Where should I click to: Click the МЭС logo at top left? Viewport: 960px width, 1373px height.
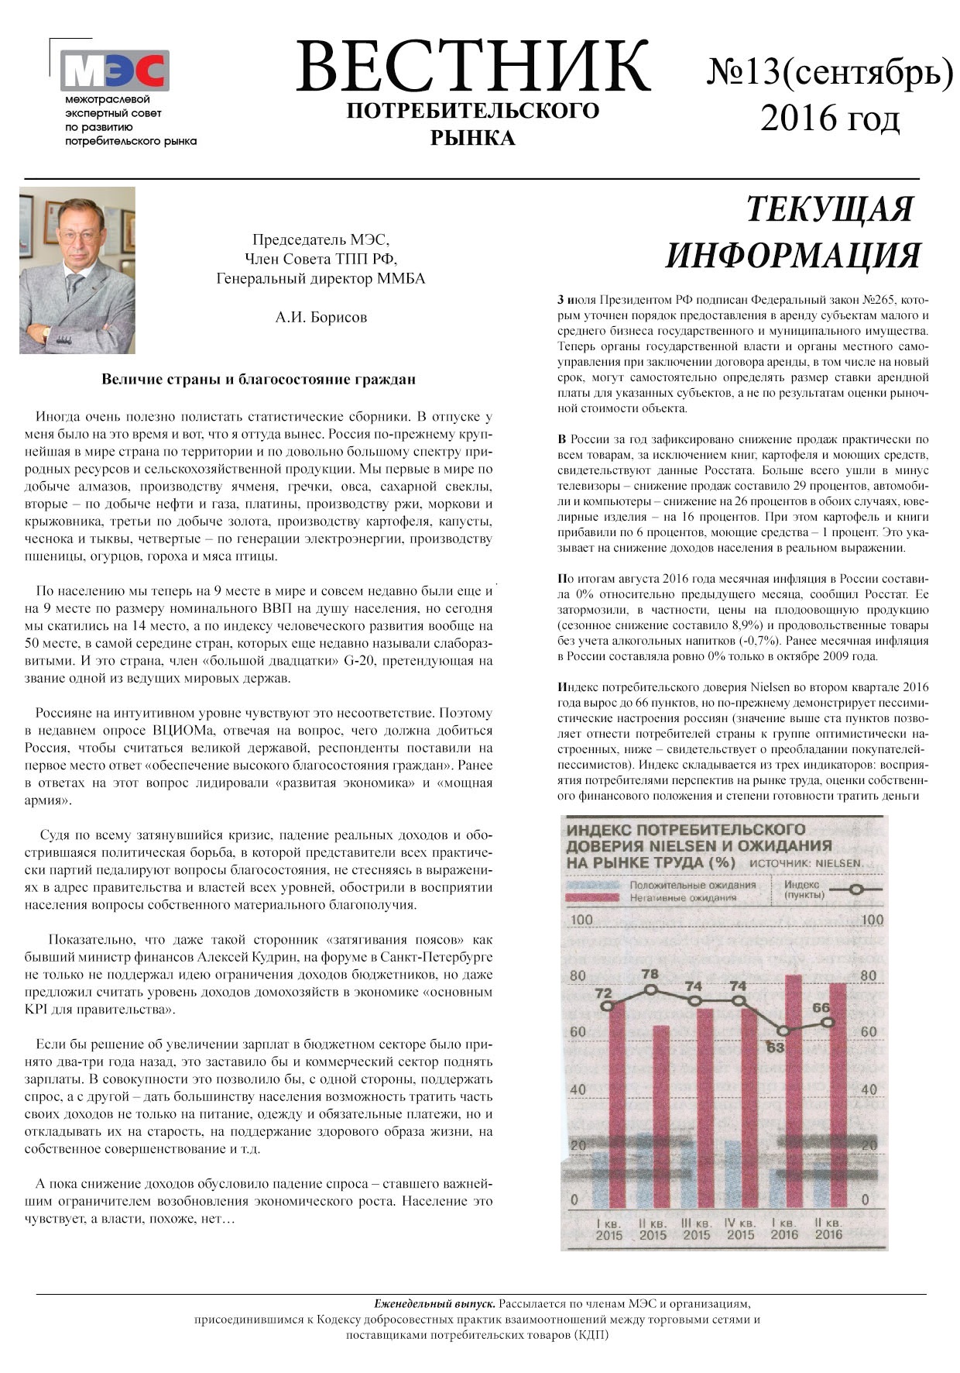115,71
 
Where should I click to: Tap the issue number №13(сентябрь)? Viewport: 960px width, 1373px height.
829,72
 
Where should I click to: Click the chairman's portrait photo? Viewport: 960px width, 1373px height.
77,270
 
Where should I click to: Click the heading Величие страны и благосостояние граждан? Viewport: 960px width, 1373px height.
259,380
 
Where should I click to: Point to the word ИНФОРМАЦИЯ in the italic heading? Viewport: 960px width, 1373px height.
794,256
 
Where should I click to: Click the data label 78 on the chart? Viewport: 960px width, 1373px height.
650,974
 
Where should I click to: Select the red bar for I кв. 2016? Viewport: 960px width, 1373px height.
793,1085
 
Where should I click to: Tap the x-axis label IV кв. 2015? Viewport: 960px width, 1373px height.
740,1229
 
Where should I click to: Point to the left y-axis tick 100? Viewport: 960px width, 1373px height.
581,920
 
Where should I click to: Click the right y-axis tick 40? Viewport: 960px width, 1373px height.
869,1089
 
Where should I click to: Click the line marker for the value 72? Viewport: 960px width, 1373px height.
608,1006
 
